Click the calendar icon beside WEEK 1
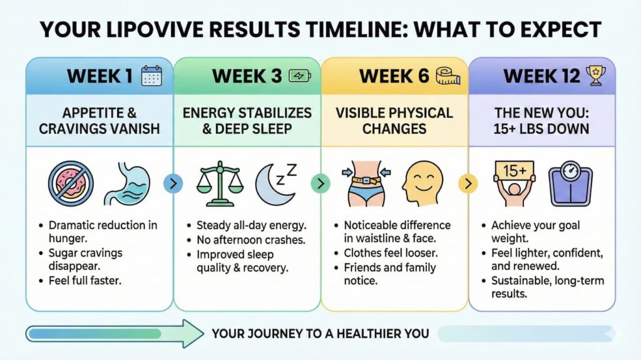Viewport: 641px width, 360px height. point(151,76)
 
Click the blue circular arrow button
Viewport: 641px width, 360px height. point(173,183)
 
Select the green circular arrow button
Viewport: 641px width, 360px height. point(320,183)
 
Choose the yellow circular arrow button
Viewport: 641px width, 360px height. point(468,183)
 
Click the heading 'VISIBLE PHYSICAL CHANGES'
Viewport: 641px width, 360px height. point(394,121)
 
